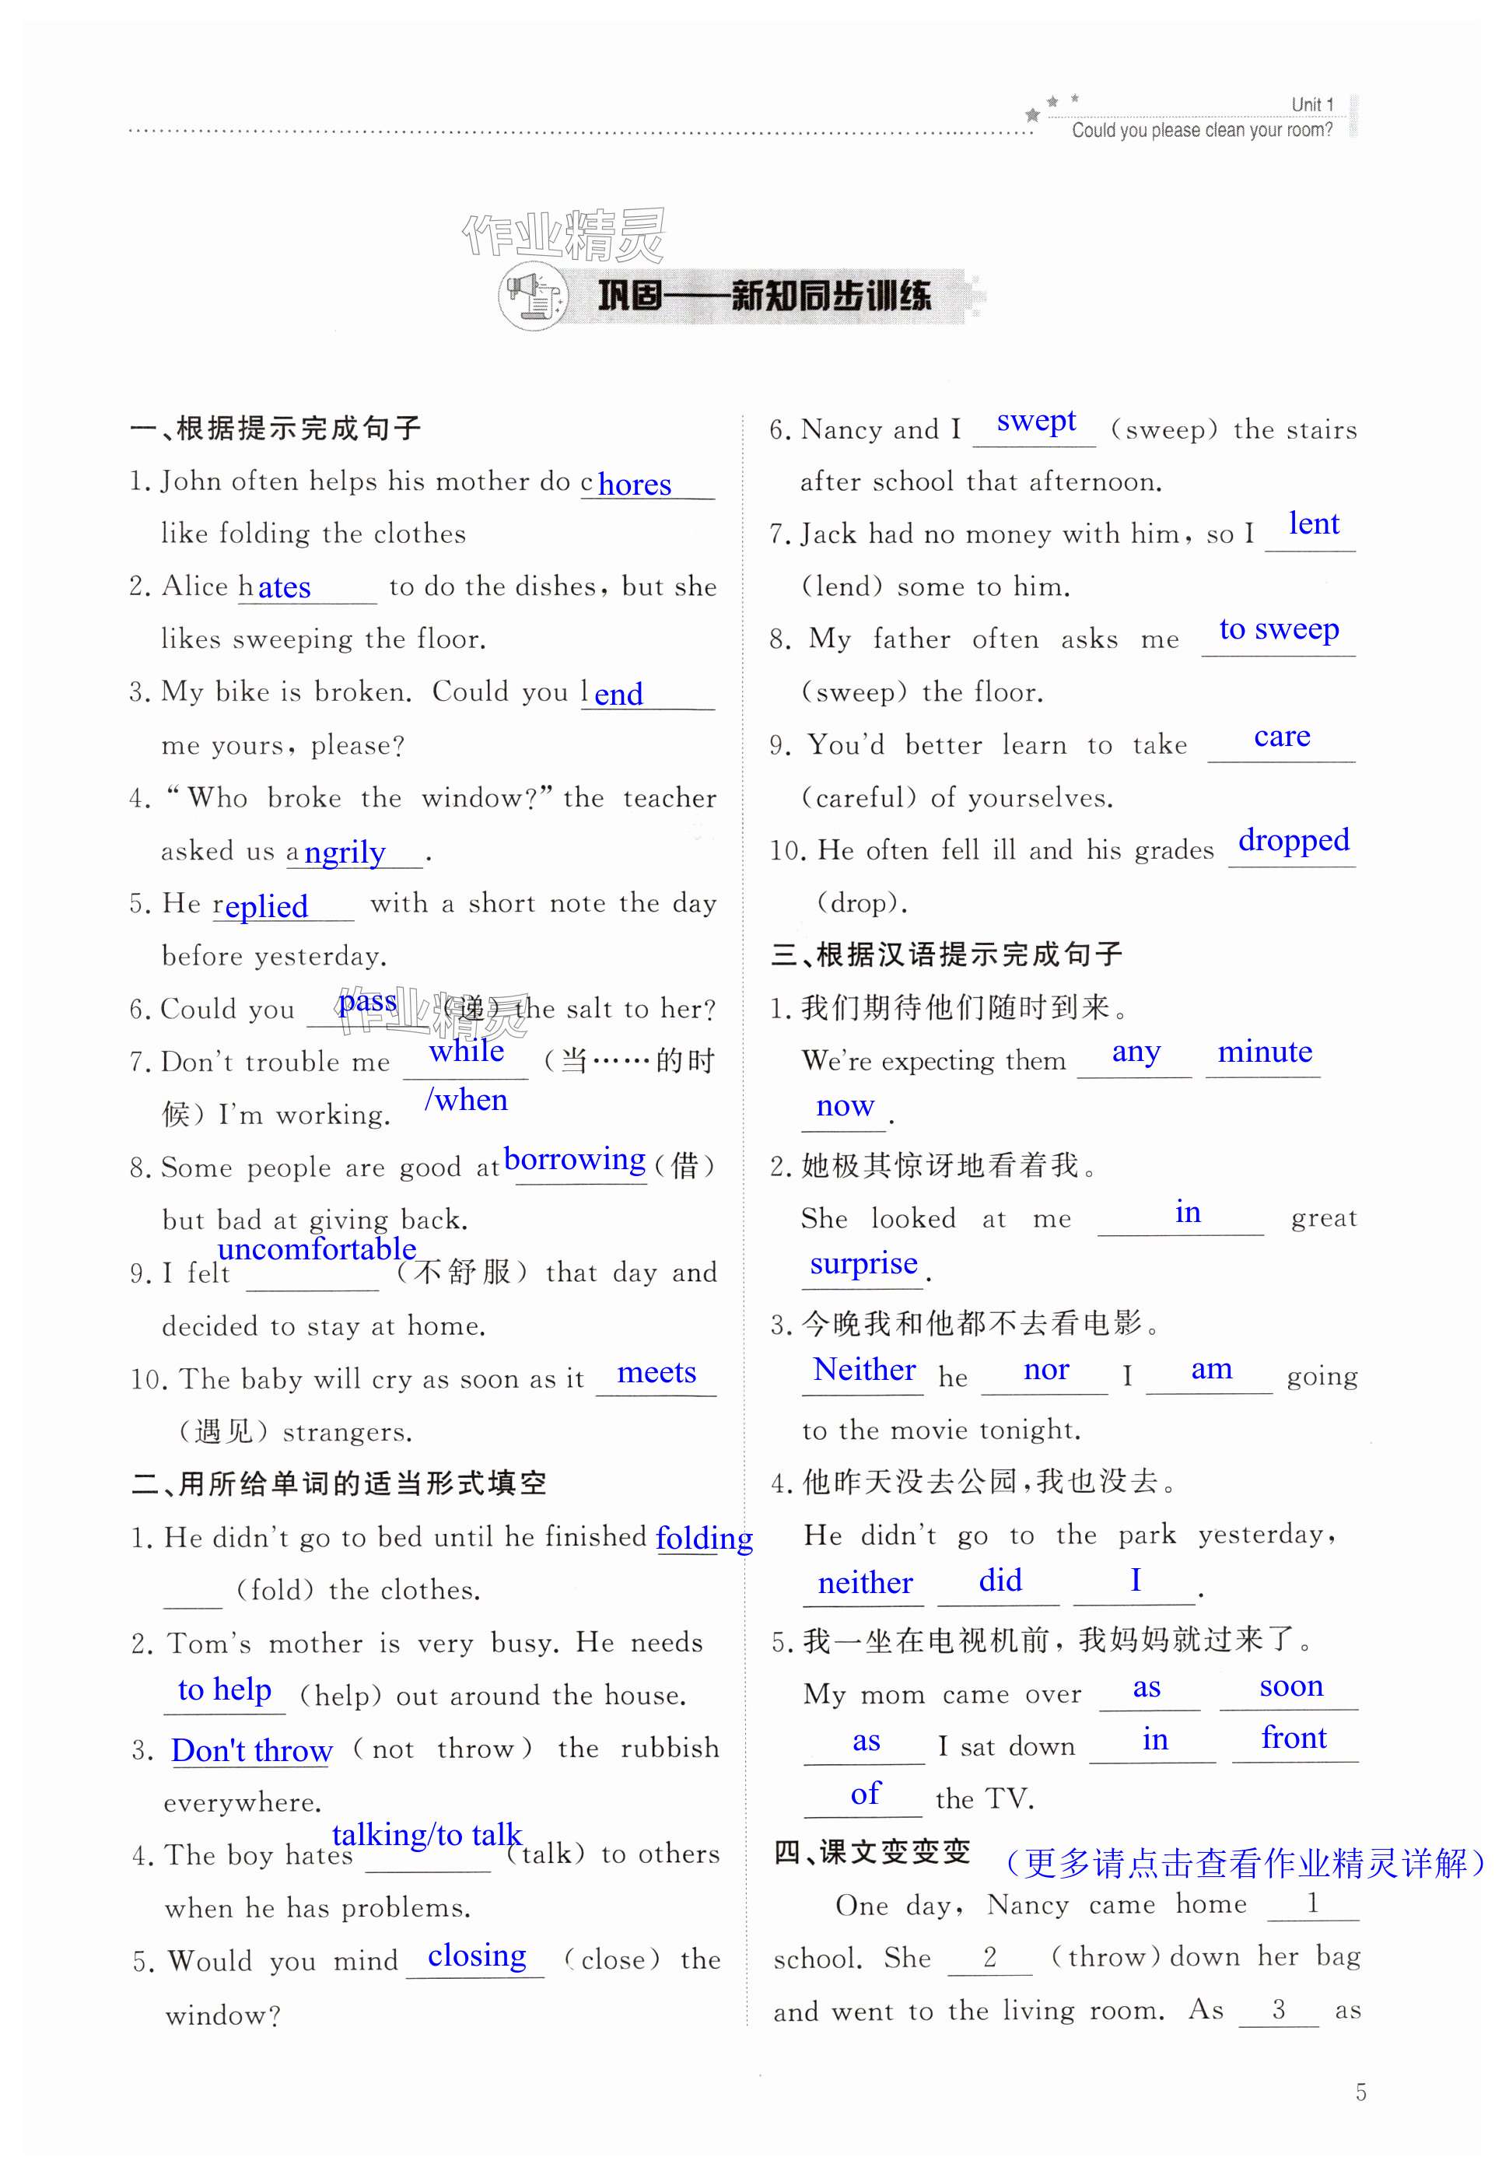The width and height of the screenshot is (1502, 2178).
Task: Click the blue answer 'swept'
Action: pos(1035,421)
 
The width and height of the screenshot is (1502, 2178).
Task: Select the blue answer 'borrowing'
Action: pos(574,1159)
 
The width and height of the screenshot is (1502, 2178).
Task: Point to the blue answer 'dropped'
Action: pos(1293,839)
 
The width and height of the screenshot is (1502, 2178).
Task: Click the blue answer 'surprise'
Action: pos(863,1263)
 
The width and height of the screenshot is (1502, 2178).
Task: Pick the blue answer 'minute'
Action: pos(1264,1052)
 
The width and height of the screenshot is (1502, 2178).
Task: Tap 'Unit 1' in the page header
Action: pos(1312,104)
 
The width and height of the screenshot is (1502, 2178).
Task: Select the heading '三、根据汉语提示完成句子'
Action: pos(946,954)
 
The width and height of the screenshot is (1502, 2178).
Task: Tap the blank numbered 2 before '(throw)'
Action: pos(989,1958)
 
